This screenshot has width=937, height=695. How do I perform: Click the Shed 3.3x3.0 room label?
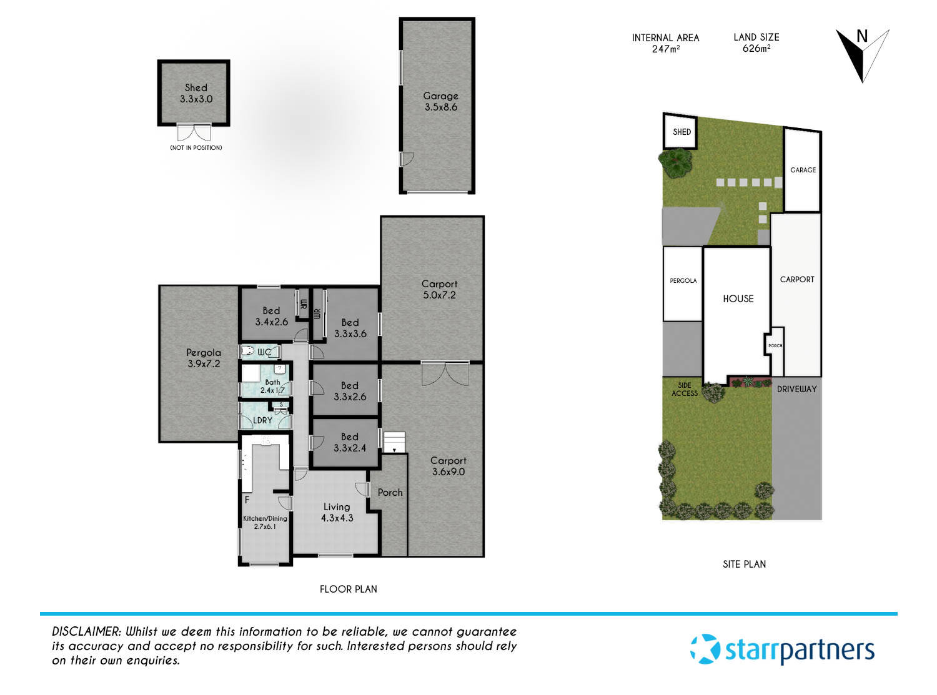(x=196, y=93)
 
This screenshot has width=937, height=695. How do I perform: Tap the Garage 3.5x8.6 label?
(x=440, y=101)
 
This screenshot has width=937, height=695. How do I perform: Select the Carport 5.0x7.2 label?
(x=439, y=289)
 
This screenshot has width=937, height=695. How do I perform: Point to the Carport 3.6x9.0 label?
(x=448, y=466)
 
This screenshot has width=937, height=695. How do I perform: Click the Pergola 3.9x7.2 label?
(x=204, y=358)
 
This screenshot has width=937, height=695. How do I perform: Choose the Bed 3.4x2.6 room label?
(x=271, y=317)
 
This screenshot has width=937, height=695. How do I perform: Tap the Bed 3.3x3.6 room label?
(x=350, y=328)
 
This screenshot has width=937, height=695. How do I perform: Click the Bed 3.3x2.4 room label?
(x=350, y=442)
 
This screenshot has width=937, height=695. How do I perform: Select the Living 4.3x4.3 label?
(x=337, y=512)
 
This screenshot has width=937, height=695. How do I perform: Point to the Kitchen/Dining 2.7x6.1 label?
(x=265, y=522)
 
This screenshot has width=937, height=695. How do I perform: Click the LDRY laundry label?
(x=263, y=420)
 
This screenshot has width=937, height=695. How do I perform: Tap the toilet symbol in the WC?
(x=248, y=352)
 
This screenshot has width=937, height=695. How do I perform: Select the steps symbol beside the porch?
(x=394, y=441)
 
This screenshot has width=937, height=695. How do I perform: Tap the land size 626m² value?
(x=756, y=49)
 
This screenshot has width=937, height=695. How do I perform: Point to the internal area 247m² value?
(x=665, y=49)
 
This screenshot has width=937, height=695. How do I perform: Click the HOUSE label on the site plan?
(x=738, y=299)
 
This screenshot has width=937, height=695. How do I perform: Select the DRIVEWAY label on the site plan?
(x=796, y=389)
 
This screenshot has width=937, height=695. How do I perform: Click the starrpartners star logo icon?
(x=705, y=649)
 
